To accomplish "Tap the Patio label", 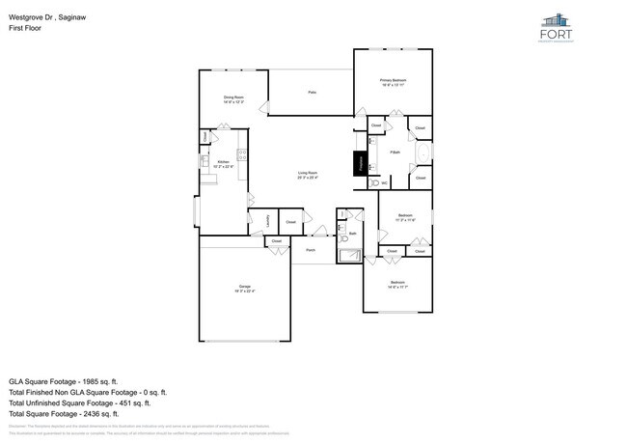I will pyautogui.click(x=312, y=93).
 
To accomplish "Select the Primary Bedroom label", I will pyautogui.click(x=393, y=81).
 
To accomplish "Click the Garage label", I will pyautogui.click(x=245, y=289).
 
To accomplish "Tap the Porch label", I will pyautogui.click(x=311, y=250).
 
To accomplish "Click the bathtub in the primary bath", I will pyautogui.click(x=423, y=153).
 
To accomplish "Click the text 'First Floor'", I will pyautogui.click(x=25, y=28).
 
